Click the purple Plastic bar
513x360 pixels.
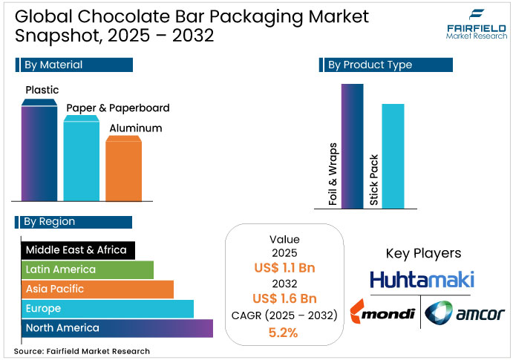(39, 152)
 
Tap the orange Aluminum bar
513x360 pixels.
(123, 169)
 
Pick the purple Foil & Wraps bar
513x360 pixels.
(352, 145)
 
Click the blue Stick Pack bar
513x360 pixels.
(393, 156)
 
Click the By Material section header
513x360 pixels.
(73, 65)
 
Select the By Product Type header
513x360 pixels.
(386, 65)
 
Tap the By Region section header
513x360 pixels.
(73, 222)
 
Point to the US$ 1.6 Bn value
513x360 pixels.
(284, 299)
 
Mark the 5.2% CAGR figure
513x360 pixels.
(284, 332)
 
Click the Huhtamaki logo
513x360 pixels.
(422, 280)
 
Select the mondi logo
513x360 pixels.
(382, 313)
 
